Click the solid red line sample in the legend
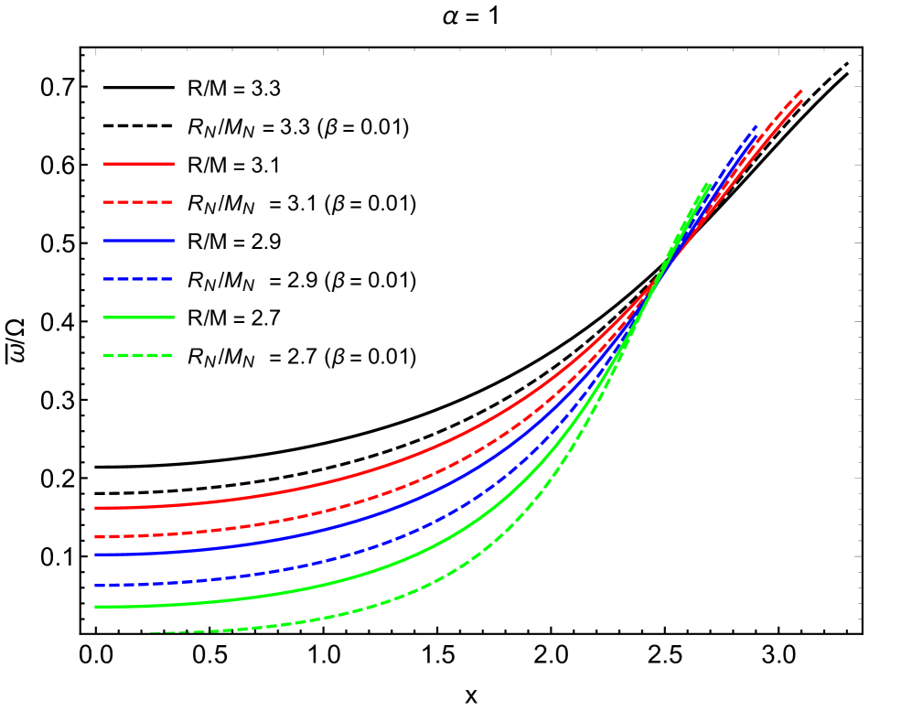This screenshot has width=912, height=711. [138, 164]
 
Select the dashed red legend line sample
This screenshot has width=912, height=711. [138, 202]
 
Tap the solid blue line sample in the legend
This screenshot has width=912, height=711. [138, 241]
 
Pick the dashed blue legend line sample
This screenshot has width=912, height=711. [138, 279]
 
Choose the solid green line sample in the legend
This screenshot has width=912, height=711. [138, 318]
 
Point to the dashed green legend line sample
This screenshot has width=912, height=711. [138, 355]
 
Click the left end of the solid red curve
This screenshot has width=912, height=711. [96, 508]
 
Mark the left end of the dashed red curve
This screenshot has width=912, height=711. [96, 536]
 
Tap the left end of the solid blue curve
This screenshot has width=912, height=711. [96, 555]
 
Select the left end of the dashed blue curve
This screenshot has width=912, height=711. [96, 585]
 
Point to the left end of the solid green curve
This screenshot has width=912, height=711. [96, 607]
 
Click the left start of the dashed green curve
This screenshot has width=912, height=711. [152, 632]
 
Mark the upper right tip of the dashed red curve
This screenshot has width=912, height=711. [802, 91]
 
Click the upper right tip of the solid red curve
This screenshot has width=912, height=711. [802, 101]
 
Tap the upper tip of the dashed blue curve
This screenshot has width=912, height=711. [757, 125]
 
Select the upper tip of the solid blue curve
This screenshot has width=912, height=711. [757, 137]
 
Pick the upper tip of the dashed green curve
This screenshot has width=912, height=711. [709, 184]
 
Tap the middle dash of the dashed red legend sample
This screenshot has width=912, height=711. [138, 202]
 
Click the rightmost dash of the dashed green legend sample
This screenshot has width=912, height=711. [165, 355]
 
